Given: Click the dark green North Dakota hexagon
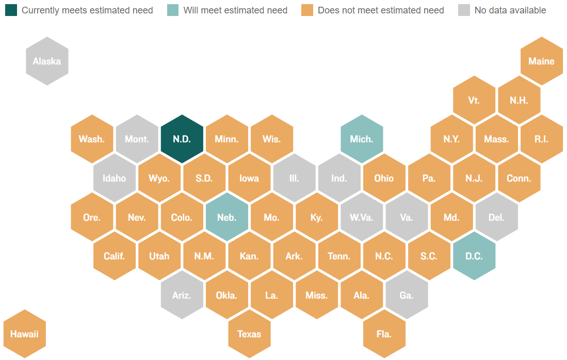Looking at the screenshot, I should tap(182, 139).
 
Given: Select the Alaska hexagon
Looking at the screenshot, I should tap(47, 61).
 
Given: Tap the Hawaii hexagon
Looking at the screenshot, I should tap(24, 334).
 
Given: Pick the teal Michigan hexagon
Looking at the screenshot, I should tap(362, 139).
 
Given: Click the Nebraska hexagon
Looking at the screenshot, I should tap(226, 217).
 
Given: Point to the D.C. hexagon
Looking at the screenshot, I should tap(474, 256).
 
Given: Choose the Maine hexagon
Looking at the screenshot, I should tap(541, 61).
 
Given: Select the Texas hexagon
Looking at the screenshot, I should tap(249, 334).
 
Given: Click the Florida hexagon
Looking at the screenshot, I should tap(384, 334).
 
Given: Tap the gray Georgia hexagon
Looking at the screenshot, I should tap(407, 295).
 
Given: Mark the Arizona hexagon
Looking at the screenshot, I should tap(182, 295).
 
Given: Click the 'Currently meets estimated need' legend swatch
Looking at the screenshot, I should tap(11, 10).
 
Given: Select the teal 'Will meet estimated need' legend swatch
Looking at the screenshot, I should tap(173, 10).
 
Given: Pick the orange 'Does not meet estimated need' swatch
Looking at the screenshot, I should tap(307, 10).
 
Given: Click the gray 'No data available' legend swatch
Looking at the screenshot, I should tap(464, 10).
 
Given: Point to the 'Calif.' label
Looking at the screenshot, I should tap(114, 256).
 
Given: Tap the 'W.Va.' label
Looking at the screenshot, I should tap(361, 218).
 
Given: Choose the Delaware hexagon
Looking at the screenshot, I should tap(496, 217).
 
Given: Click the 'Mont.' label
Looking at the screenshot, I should tap(137, 139).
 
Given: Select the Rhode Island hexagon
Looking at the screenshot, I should tap(541, 139).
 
